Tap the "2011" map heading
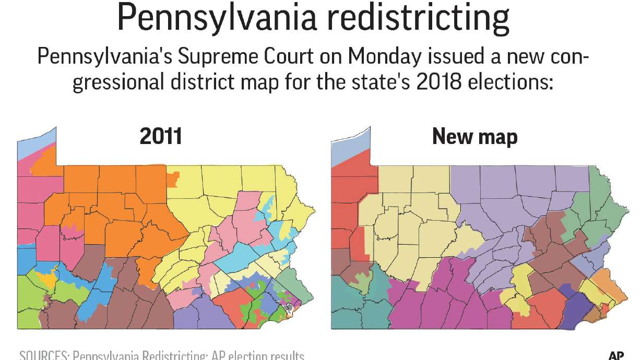(x=161, y=137)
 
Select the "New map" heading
(x=475, y=137)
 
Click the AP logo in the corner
(x=616, y=355)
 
